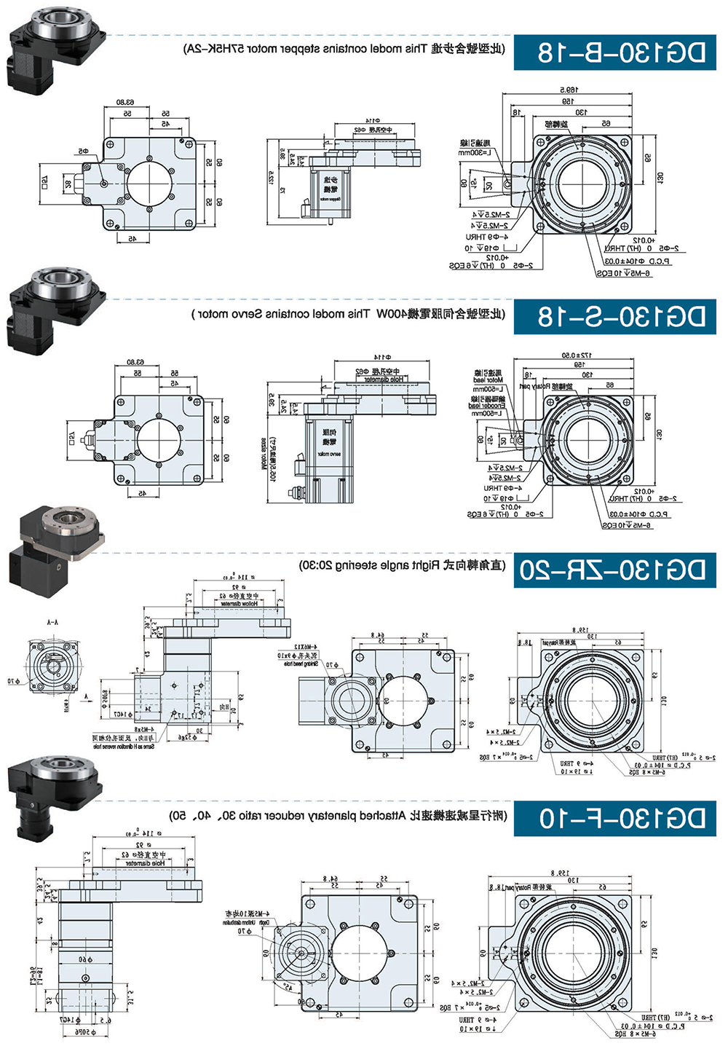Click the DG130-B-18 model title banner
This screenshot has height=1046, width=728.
[615, 52]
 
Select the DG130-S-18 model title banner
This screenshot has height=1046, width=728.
[615, 315]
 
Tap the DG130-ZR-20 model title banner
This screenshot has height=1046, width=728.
[615, 570]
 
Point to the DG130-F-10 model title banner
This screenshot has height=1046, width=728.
[615, 818]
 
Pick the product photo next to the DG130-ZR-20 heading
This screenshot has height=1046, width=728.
[55, 543]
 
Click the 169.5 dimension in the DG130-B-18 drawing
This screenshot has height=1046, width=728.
[569, 90]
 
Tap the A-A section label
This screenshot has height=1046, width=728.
[52, 624]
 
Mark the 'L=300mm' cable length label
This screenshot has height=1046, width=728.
[475, 153]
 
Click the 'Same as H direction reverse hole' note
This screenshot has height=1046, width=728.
[124, 747]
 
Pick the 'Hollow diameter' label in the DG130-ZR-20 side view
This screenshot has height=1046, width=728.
[240, 604]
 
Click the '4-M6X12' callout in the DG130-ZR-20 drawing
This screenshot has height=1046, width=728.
[304, 647]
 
